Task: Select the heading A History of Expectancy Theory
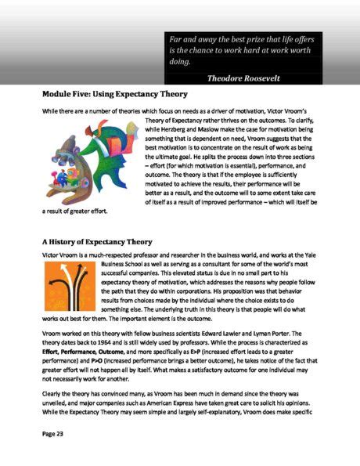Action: [108, 242]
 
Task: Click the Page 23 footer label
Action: [56, 432]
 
